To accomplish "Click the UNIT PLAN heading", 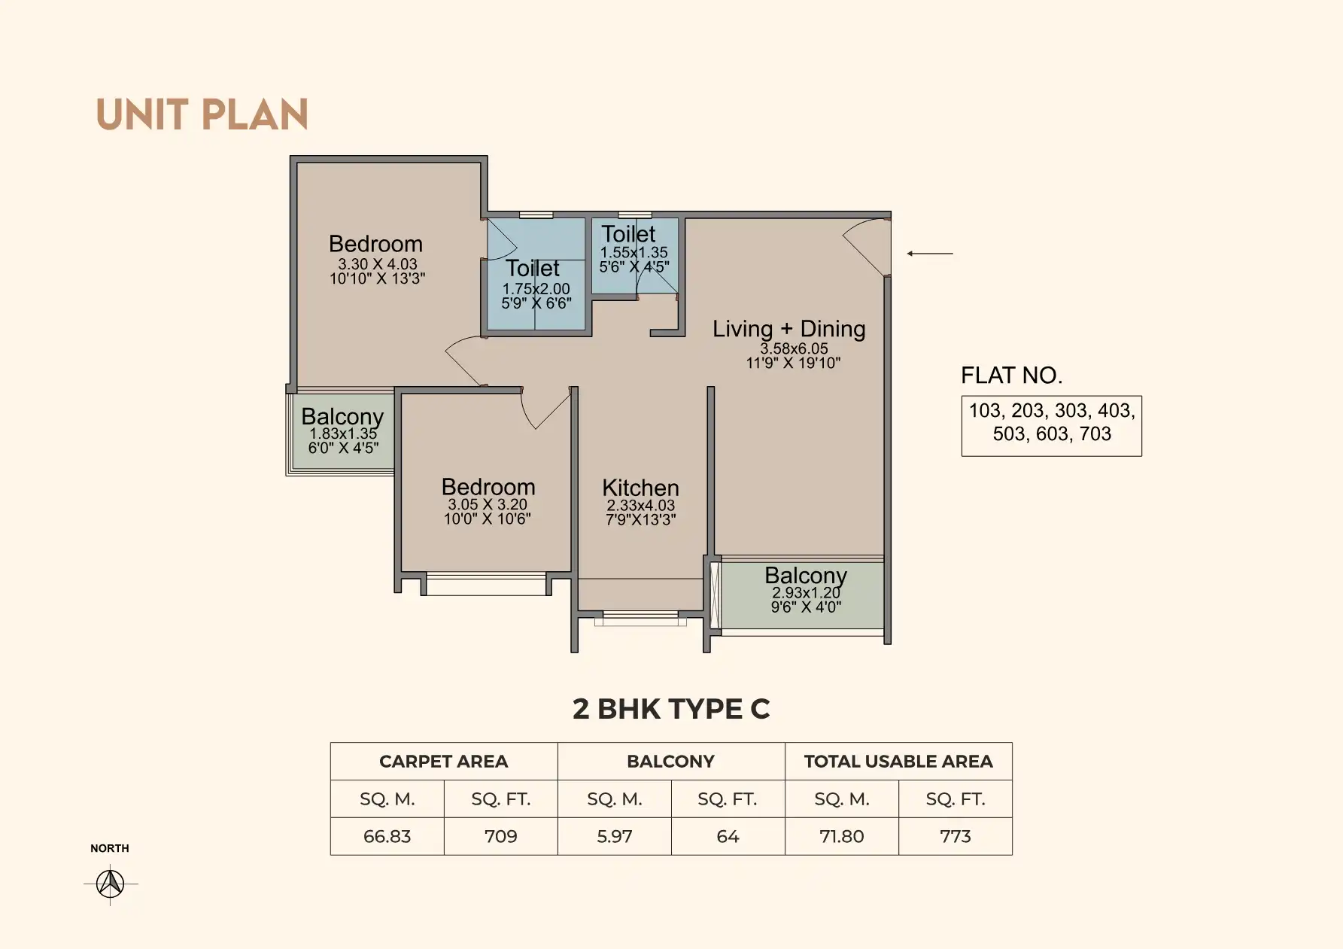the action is [202, 115].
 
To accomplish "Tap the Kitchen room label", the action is [640, 488].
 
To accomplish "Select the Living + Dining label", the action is [789, 329].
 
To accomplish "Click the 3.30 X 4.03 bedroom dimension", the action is [377, 264].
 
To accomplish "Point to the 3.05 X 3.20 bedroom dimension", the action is [488, 504].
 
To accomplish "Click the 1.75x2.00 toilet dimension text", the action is [536, 289].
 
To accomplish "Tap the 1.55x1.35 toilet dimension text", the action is [634, 253].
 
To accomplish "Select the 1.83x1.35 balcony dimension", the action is [343, 433].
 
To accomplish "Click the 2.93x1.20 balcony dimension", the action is [806, 593].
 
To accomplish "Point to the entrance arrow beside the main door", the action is [930, 254].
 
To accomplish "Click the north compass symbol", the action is [111, 883].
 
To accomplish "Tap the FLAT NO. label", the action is [1012, 376].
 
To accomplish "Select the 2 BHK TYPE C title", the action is [671, 709].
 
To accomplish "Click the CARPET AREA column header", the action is [444, 762].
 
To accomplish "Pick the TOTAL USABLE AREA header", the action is [898, 762].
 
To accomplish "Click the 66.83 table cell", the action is [387, 837].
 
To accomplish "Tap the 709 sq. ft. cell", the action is [501, 837].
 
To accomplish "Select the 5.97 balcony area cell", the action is [615, 837].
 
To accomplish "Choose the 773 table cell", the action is [956, 837].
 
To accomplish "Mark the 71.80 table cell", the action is [842, 837].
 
